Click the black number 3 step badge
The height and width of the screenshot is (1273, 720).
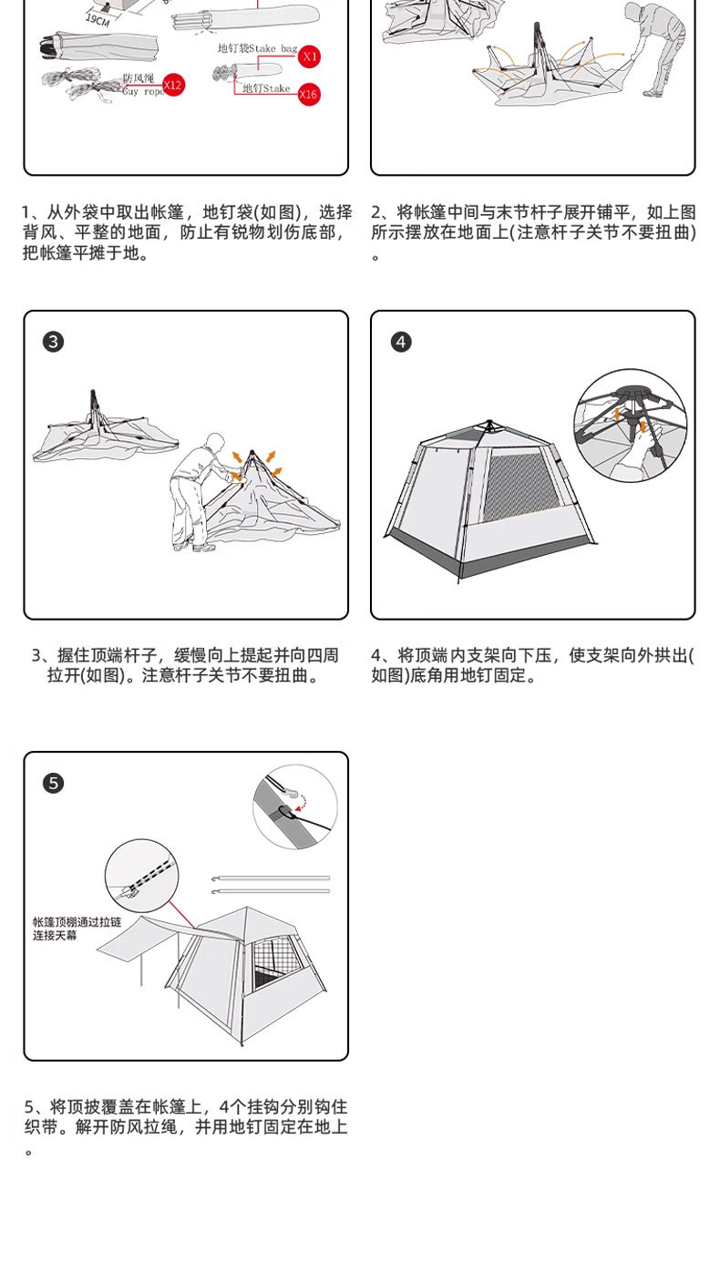click(54, 342)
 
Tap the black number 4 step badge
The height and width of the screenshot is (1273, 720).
click(401, 342)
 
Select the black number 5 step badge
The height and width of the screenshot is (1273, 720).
click(54, 784)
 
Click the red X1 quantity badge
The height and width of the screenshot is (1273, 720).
click(310, 56)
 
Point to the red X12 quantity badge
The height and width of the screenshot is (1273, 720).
click(172, 86)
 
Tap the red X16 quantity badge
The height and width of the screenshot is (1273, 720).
click(308, 94)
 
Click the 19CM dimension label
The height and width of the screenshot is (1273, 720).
click(98, 20)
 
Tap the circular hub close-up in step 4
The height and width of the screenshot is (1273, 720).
click(631, 426)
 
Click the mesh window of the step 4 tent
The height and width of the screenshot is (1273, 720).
click(519, 488)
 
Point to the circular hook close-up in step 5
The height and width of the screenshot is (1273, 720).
click(294, 807)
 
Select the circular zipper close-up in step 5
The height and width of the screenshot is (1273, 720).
click(141, 876)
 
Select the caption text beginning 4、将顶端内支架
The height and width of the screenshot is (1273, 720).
click(532, 665)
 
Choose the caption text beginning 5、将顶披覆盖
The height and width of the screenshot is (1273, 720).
click(186, 1117)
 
